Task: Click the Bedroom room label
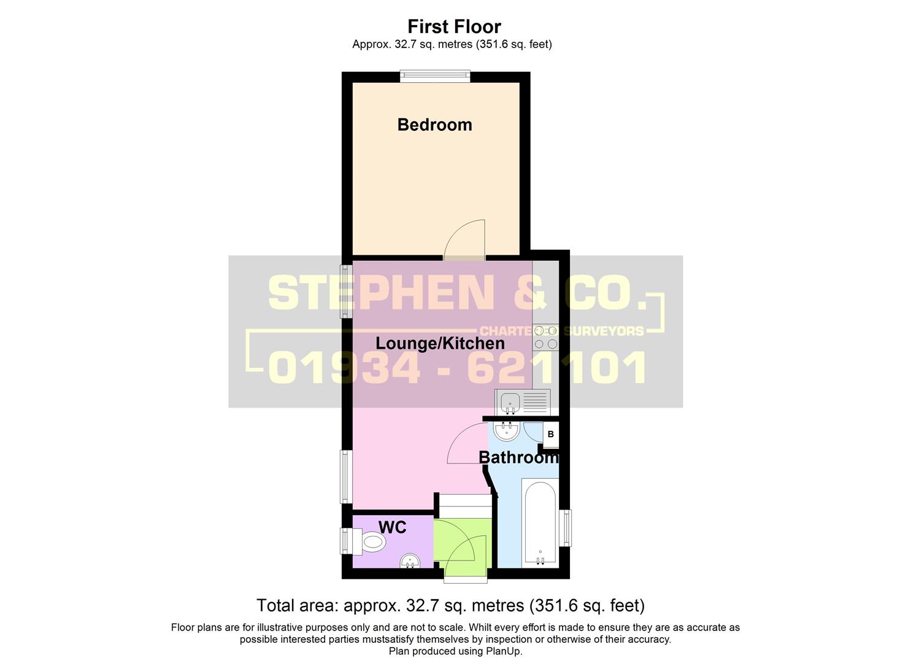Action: tap(434, 125)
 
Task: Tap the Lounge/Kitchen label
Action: tap(440, 343)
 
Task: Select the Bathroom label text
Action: tap(518, 457)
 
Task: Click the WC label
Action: tap(392, 527)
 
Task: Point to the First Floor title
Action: tap(454, 26)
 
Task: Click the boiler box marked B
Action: tap(550, 434)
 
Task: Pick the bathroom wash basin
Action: tap(507, 431)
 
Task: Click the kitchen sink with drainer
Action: tap(523, 402)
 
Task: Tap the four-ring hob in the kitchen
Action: tap(545, 338)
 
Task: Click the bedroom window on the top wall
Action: tap(435, 76)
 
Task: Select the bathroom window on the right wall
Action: tap(567, 528)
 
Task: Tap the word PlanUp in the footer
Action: tap(502, 651)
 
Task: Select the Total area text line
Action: tap(450, 606)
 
